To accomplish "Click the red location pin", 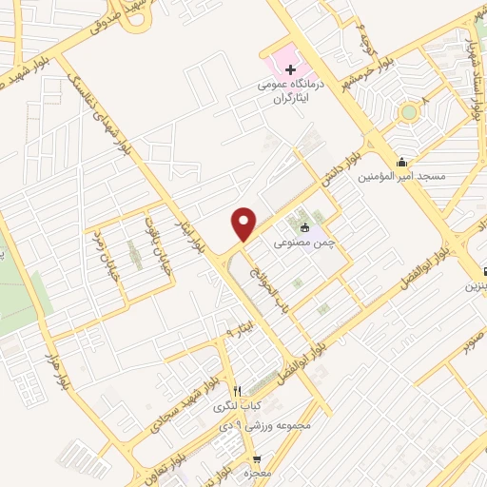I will [x=244, y=224].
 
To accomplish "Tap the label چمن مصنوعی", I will [x=300, y=243].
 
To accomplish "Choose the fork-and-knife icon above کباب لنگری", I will [x=239, y=391].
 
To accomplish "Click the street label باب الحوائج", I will [x=262, y=284].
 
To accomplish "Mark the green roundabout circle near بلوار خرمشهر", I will [x=409, y=112].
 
